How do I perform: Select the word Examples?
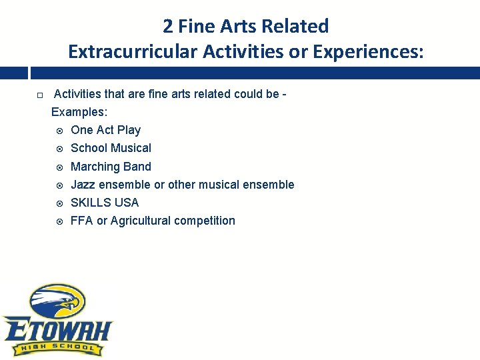(79, 112)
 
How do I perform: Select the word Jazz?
(83, 185)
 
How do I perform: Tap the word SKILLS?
(91, 203)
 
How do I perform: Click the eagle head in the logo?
(59, 301)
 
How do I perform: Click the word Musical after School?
(131, 148)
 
